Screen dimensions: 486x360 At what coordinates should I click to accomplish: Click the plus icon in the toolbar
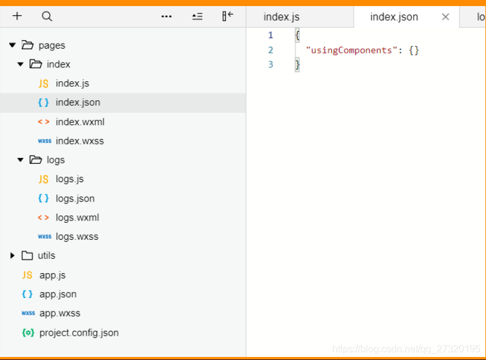pyautogui.click(x=17, y=16)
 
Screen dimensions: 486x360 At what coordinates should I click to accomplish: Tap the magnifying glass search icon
pyautogui.click(x=47, y=16)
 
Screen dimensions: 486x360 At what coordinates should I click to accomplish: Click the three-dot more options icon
pyautogui.click(x=166, y=16)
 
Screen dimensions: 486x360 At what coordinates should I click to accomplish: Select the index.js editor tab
pyautogui.click(x=281, y=17)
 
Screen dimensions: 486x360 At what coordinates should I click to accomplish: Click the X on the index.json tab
pyautogui.click(x=445, y=17)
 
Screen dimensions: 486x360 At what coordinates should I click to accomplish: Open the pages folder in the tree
pyautogui.click(x=52, y=46)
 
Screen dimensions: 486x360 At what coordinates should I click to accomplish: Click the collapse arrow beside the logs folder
pyautogui.click(x=21, y=160)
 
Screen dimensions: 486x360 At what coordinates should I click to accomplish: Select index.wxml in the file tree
pyautogui.click(x=80, y=122)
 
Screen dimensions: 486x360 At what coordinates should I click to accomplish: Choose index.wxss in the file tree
pyautogui.click(x=80, y=141)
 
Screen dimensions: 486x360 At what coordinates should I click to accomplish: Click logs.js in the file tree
pyautogui.click(x=70, y=179)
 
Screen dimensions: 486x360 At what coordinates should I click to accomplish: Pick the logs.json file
pyautogui.click(x=75, y=199)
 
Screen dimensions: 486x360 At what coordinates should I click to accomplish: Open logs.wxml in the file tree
pyautogui.click(x=78, y=217)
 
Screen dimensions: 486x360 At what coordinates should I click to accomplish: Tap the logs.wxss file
pyautogui.click(x=77, y=237)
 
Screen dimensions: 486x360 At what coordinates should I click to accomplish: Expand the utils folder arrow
pyautogui.click(x=12, y=256)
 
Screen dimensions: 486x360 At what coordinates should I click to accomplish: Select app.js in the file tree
pyautogui.click(x=52, y=275)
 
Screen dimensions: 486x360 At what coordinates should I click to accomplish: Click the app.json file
pyautogui.click(x=58, y=294)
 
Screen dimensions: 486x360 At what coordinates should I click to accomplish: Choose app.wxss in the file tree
pyautogui.click(x=60, y=313)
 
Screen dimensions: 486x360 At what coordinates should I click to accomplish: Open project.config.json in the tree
pyautogui.click(x=79, y=333)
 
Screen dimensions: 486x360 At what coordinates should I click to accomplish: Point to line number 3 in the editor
pyautogui.click(x=270, y=64)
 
